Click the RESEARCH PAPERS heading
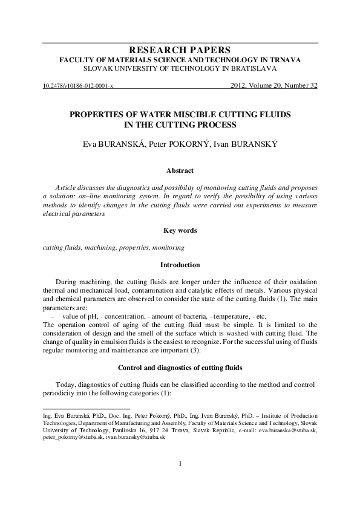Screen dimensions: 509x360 point(180,50)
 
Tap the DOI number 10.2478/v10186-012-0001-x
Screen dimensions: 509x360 point(79,86)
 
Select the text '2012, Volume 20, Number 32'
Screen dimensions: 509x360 point(274,86)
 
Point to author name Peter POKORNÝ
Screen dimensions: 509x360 point(179,146)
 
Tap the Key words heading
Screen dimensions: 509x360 point(180,230)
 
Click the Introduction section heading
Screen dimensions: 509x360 point(180,265)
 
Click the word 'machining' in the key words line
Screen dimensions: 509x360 point(97,248)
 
